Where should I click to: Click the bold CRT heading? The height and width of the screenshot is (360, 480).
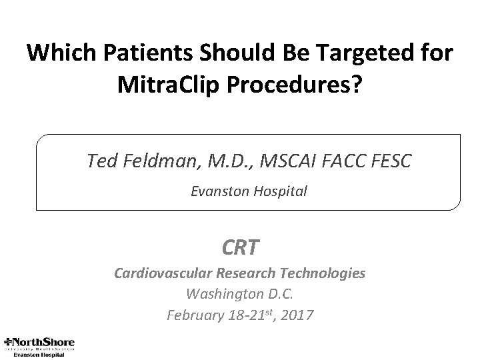tap(240, 248)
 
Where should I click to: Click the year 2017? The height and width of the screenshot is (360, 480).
tap(298, 314)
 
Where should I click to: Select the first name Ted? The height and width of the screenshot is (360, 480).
tap(100, 161)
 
